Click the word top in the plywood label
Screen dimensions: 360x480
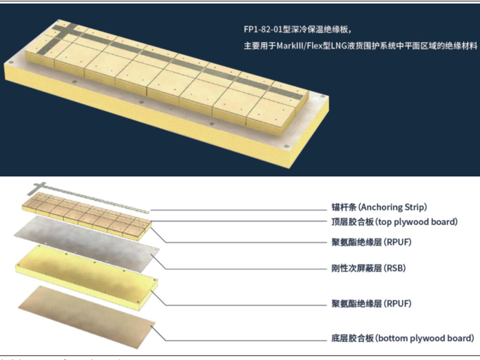pos(389,222)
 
